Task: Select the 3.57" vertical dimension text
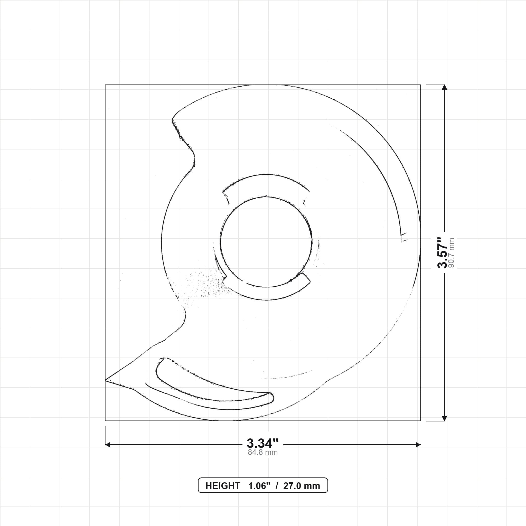[x=443, y=252]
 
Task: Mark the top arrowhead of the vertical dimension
[x=444, y=87]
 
